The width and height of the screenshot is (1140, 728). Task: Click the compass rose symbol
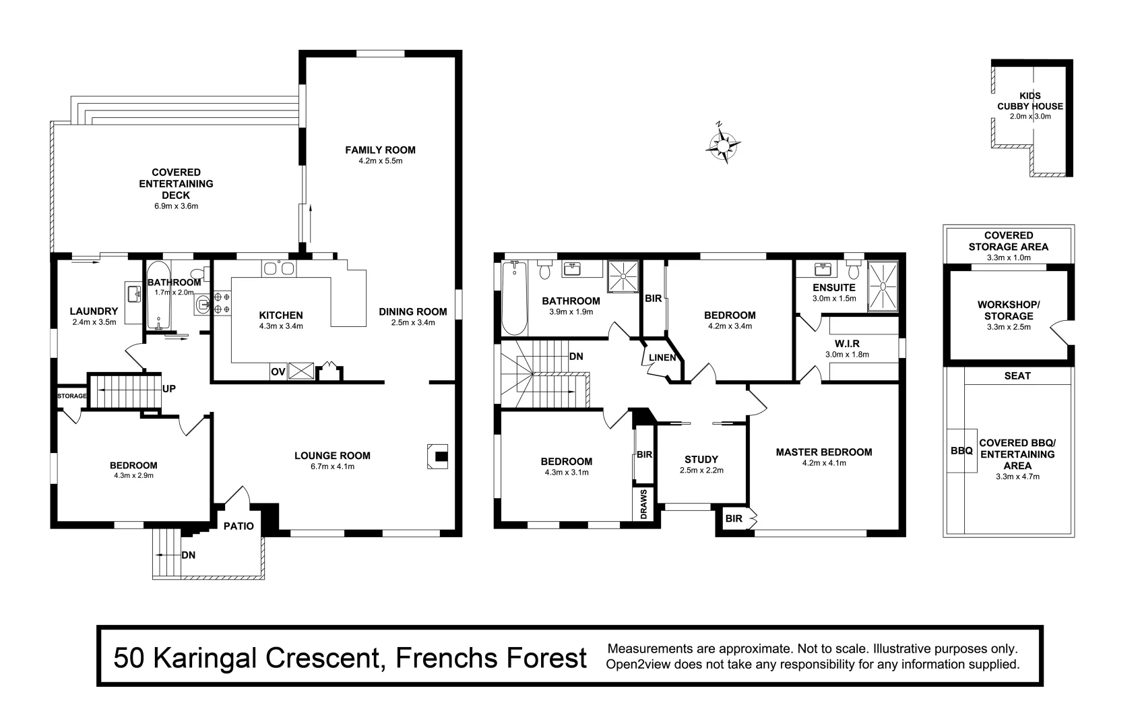click(x=724, y=143)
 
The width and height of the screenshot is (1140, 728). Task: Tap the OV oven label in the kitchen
click(x=278, y=371)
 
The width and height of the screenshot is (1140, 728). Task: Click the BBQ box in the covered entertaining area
click(x=961, y=450)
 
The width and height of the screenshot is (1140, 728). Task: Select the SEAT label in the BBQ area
click(x=1017, y=375)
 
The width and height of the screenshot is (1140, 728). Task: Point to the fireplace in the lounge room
click(x=439, y=456)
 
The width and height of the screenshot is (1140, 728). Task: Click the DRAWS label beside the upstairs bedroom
click(x=644, y=504)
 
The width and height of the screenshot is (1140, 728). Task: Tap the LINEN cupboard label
click(x=662, y=357)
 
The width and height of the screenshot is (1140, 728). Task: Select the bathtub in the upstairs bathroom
click(x=514, y=298)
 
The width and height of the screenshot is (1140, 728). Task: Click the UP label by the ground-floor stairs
click(x=169, y=389)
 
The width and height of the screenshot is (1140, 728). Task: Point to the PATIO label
click(x=238, y=526)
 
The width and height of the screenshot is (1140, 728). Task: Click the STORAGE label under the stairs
click(x=71, y=396)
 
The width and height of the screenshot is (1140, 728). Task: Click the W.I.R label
click(x=846, y=344)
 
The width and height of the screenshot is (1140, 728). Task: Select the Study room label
click(x=701, y=460)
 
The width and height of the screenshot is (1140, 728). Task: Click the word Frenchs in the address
click(x=440, y=657)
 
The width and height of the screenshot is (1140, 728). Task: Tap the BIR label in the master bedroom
click(x=734, y=518)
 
